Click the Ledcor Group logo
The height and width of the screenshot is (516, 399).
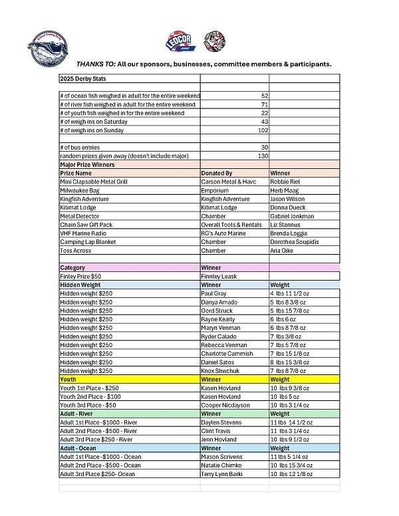179,42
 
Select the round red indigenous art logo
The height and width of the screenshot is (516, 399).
213,39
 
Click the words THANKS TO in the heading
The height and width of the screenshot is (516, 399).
95,64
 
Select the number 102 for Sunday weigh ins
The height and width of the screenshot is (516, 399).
263,130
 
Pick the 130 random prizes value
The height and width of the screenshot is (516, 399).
263,156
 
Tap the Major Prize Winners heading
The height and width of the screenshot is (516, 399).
87,164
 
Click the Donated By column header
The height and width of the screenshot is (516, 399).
217,173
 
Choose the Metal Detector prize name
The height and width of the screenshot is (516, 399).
80,216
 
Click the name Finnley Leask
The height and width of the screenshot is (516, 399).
220,276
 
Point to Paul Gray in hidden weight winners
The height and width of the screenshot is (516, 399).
214,293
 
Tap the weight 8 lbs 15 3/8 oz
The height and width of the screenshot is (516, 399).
289,362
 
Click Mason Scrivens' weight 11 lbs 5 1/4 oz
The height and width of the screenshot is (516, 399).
289,457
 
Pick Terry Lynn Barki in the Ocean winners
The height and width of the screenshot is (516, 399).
223,474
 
